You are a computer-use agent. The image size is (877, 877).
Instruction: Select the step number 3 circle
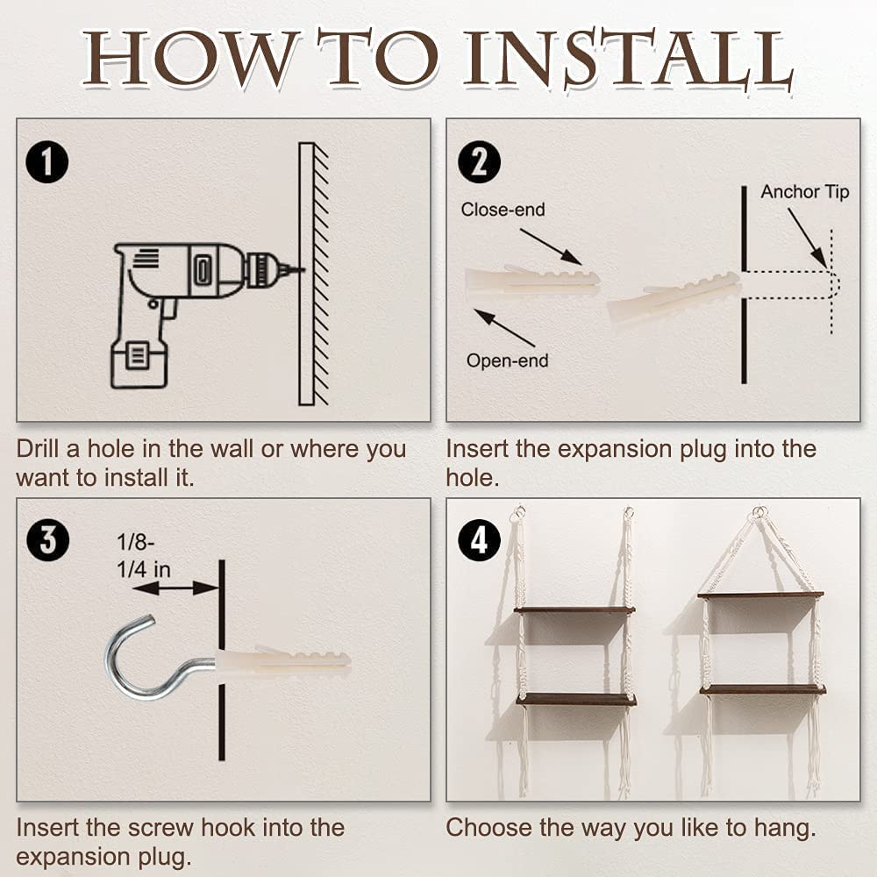47,540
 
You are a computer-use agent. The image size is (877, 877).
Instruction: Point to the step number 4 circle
479,540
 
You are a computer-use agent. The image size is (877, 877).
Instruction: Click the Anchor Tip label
804,192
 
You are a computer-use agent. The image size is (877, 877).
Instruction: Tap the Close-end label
503,210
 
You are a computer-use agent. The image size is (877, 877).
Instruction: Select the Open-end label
507,360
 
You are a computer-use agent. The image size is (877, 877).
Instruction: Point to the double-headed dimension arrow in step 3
175,588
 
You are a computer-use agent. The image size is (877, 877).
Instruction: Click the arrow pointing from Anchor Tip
807,237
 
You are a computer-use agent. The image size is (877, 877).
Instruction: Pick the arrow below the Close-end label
551,246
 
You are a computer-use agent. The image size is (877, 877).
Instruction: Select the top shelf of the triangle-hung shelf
760,595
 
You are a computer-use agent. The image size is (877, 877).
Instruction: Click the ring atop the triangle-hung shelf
759,510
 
